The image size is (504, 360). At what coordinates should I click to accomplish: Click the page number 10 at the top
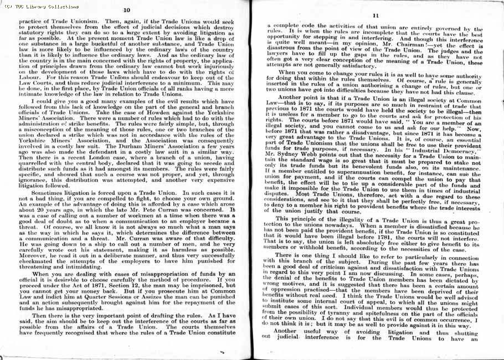[x=126, y=10]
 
